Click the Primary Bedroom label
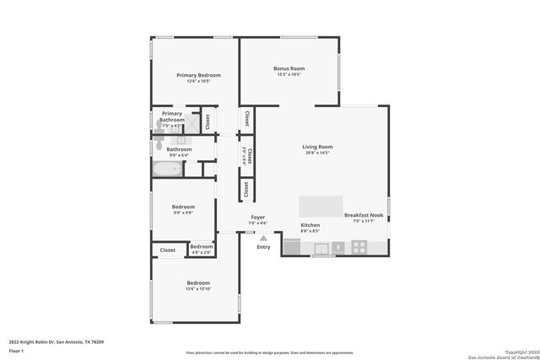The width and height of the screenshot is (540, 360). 198,75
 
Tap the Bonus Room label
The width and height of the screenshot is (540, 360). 289,68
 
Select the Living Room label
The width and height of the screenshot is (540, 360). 317,148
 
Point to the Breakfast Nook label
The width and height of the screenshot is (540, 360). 364,215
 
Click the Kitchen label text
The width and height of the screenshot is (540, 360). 310,225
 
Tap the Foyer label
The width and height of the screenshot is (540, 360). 258,217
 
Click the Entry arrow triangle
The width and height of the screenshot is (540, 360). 263,239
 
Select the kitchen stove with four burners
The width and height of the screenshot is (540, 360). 359,247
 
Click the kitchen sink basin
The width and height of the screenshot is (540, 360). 321,248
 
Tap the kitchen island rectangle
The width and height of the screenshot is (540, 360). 321,207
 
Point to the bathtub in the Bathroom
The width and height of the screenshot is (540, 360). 165,169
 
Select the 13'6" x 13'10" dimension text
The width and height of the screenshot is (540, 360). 198,289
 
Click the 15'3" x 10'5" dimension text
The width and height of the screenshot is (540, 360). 289,74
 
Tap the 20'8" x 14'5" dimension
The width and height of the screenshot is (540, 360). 317,153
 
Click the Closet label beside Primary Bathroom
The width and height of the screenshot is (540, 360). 207,121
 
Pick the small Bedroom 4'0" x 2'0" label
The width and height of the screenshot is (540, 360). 201,246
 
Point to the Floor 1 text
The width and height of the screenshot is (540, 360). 16,350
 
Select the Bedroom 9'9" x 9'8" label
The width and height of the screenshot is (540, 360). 183,207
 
